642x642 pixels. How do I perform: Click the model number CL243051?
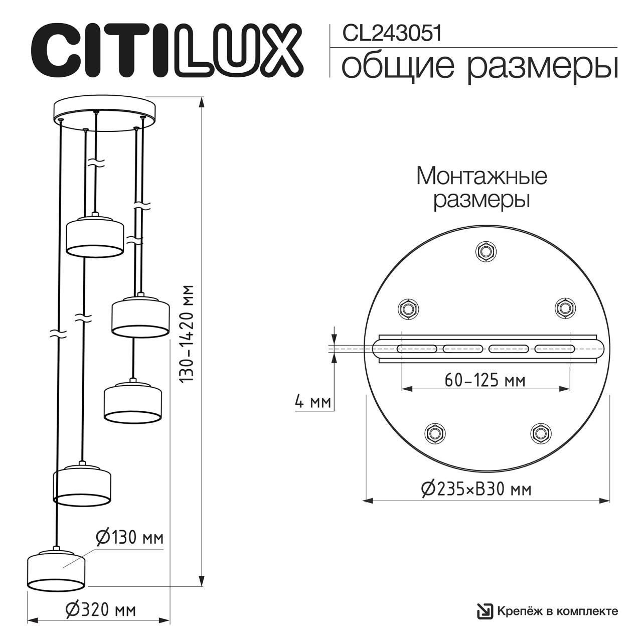tap(392, 34)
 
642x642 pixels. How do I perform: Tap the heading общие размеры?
tap(478, 67)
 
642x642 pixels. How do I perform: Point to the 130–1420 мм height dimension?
tap(188, 335)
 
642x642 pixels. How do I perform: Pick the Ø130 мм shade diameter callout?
tap(129, 538)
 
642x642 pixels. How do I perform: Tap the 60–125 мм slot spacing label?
tap(485, 381)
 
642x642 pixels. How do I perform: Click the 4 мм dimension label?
tap(311, 402)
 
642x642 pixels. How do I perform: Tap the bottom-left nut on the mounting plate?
tap(435, 433)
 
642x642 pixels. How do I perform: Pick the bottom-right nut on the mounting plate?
tap(540, 433)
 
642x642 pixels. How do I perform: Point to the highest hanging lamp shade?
tap(95, 236)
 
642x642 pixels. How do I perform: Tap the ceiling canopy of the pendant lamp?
tap(105, 114)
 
